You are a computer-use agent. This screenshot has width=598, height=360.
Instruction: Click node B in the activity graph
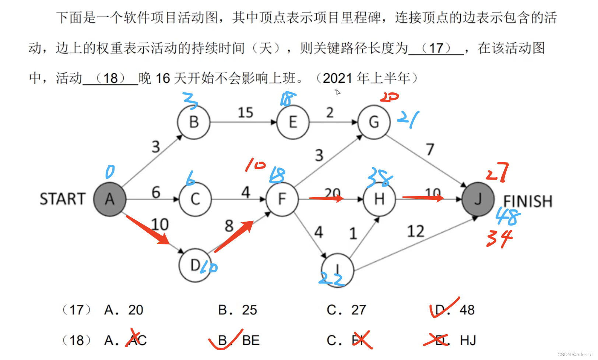(x=194, y=122)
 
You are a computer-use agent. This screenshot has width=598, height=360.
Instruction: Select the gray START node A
(x=110, y=199)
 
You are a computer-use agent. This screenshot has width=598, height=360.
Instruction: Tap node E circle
(x=293, y=122)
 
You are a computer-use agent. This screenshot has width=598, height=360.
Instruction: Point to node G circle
(x=374, y=122)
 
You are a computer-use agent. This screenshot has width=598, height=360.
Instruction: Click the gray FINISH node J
(x=478, y=199)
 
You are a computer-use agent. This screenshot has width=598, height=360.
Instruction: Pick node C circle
(x=195, y=199)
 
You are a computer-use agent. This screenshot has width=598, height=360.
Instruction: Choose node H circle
(x=379, y=199)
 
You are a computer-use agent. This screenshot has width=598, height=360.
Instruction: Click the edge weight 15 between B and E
(x=245, y=112)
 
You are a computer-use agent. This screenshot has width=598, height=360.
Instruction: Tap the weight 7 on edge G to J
(x=430, y=149)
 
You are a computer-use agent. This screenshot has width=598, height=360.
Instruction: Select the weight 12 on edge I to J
(x=415, y=231)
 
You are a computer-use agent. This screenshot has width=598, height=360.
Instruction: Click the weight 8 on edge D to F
(x=229, y=226)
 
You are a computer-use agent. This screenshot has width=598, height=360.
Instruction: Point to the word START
(x=63, y=199)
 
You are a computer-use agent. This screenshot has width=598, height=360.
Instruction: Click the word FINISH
(x=528, y=201)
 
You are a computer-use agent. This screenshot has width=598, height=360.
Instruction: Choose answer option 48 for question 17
(x=467, y=310)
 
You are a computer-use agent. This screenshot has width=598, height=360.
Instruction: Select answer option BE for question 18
(x=251, y=340)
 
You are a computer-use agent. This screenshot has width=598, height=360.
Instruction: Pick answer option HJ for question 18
(x=468, y=340)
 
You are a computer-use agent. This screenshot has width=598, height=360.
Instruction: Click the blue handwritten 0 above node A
(x=110, y=172)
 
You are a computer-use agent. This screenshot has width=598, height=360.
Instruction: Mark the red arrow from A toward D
(x=148, y=230)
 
